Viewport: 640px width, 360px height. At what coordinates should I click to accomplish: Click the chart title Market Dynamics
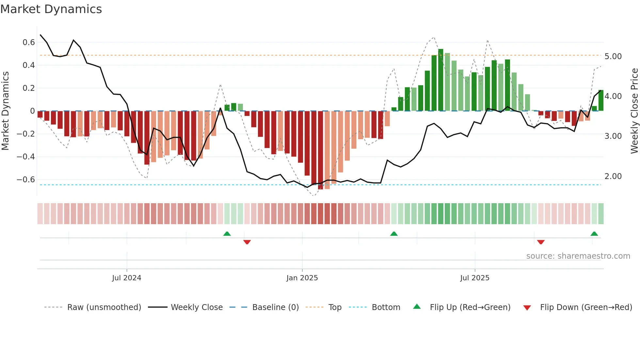[x=51, y=9]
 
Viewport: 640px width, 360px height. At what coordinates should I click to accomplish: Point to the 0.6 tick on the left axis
[x=29, y=42]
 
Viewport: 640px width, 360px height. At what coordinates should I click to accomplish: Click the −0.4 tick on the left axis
[x=26, y=157]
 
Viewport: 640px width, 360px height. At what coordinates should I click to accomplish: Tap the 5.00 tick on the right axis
[x=613, y=57]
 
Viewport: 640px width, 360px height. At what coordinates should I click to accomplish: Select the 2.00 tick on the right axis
[x=613, y=176]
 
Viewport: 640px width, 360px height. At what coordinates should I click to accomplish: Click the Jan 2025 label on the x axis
[x=302, y=278]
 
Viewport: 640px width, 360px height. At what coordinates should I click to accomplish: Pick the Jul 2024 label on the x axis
[x=127, y=278]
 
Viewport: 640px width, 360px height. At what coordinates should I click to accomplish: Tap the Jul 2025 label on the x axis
[x=475, y=278]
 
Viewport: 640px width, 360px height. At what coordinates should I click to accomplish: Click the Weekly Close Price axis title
[x=634, y=111]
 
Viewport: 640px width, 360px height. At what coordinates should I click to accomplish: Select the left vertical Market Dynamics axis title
[x=5, y=111]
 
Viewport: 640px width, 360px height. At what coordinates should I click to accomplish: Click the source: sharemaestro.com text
[x=578, y=256]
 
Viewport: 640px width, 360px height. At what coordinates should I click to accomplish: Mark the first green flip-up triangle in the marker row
[x=227, y=234]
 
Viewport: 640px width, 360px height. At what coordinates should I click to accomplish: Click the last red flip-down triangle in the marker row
[x=541, y=242]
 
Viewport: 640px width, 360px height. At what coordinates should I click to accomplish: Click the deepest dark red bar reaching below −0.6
[x=320, y=150]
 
